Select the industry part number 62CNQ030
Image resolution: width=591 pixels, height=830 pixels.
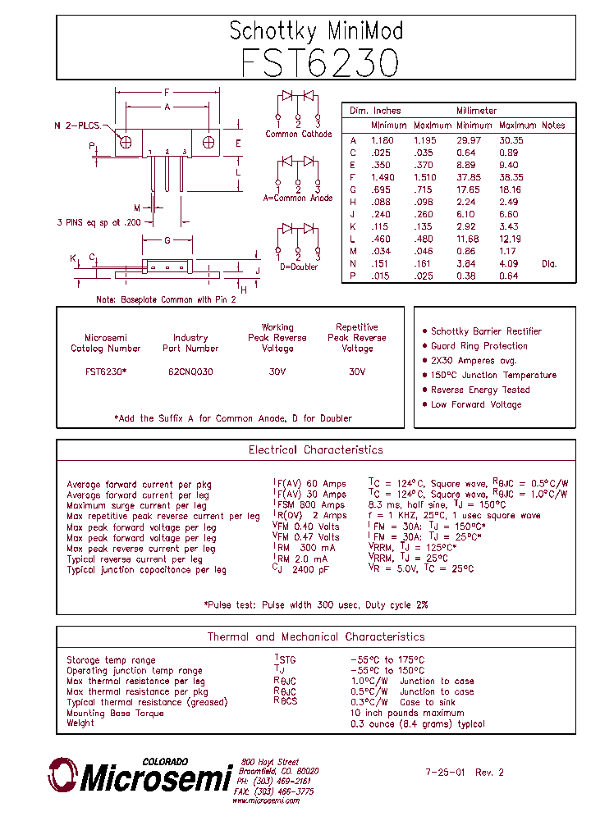click(x=190, y=372)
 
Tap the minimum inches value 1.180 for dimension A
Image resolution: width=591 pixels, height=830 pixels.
click(x=383, y=140)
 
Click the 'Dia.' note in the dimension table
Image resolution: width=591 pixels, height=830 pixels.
click(x=548, y=263)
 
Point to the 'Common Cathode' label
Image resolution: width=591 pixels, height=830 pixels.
click(x=299, y=134)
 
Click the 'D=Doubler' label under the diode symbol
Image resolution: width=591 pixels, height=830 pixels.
click(x=299, y=267)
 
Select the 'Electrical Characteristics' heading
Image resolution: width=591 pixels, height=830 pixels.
click(x=315, y=449)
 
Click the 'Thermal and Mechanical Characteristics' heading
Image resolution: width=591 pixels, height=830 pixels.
click(x=315, y=636)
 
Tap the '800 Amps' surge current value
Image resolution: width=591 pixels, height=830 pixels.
click(x=321, y=505)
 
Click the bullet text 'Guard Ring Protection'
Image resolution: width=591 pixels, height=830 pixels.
click(x=479, y=346)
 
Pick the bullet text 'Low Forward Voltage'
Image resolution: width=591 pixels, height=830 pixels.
click(x=476, y=404)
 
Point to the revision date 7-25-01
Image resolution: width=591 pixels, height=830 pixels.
click(x=446, y=772)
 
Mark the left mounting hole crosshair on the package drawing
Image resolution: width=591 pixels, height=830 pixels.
click(x=126, y=142)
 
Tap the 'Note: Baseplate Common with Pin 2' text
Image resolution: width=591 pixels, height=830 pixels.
click(x=166, y=299)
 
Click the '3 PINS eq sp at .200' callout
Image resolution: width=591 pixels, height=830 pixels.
click(x=99, y=222)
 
